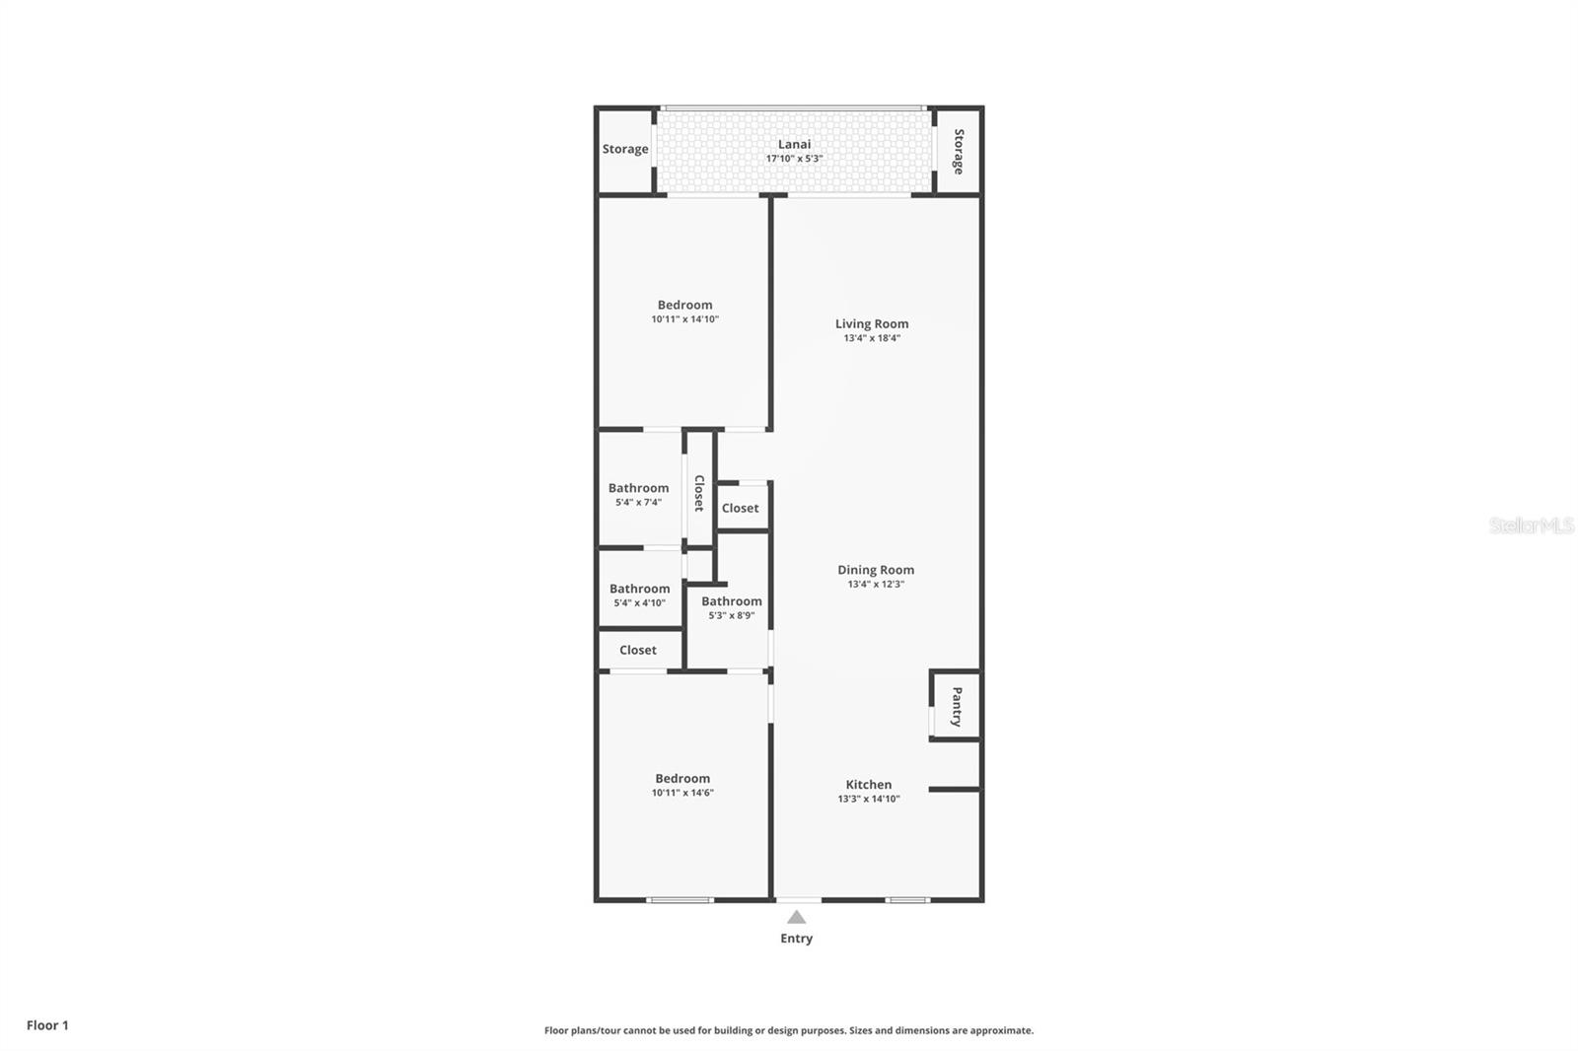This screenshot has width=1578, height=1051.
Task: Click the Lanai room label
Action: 794,144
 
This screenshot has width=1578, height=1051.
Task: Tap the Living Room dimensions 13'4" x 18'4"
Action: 872,338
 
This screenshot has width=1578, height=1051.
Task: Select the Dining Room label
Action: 876,569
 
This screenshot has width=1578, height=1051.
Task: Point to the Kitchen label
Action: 869,784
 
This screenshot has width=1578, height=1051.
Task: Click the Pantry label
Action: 957,707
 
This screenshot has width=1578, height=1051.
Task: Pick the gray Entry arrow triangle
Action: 797,918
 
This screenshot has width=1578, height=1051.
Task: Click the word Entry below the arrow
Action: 797,939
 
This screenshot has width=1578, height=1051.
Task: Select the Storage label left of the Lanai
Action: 625,149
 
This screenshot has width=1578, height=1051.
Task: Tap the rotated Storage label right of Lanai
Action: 959,151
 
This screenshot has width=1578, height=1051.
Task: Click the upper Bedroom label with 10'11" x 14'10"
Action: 684,305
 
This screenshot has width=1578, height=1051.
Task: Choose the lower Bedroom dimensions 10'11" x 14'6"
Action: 682,793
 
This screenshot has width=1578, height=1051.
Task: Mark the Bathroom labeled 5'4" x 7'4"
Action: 638,488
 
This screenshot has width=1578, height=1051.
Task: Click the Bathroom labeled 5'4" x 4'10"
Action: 639,589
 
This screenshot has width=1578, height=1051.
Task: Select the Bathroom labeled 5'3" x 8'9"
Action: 732,601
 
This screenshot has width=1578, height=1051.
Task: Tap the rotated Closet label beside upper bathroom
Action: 699,493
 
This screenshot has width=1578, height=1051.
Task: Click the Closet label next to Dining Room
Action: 741,508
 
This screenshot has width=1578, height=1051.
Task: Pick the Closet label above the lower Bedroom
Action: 638,650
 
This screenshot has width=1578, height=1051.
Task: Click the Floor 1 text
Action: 47,1025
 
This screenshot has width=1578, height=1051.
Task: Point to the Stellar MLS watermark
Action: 1531,525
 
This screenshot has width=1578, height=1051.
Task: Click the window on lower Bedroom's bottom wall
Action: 680,899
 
